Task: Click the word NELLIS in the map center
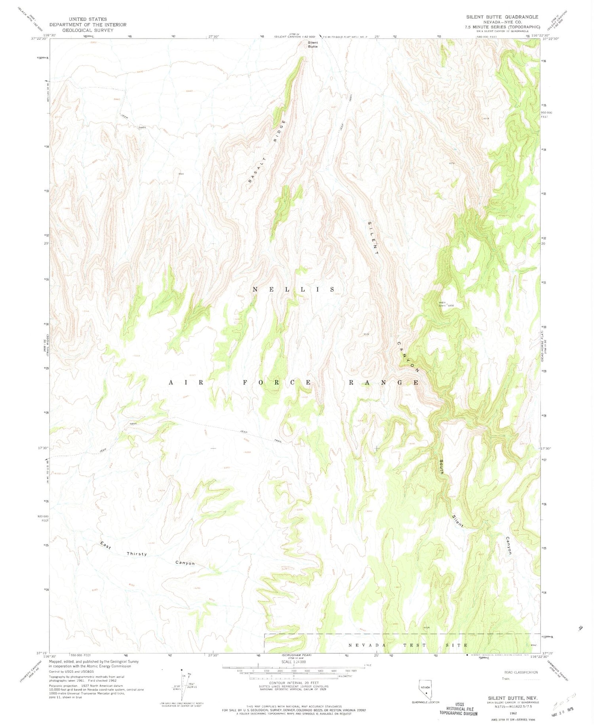[x=294, y=290]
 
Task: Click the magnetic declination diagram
[x=180, y=687]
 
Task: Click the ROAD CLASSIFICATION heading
[x=521, y=672]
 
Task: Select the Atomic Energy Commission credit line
[x=91, y=666]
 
